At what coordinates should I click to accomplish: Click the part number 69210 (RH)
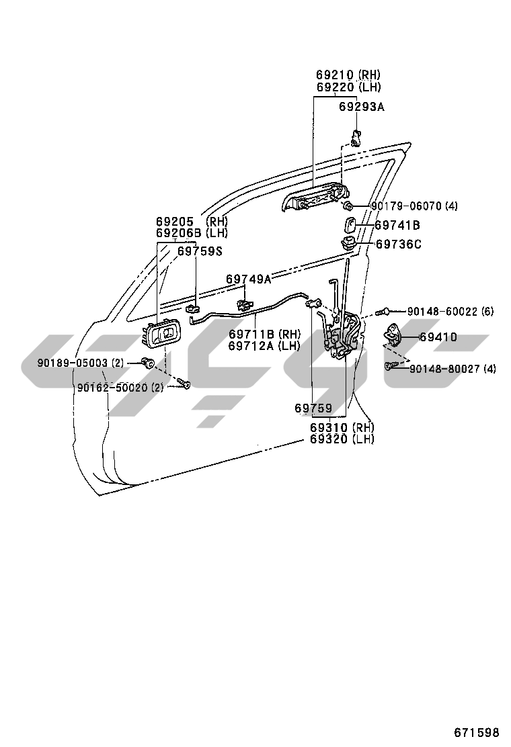point(348,75)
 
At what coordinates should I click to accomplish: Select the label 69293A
point(362,106)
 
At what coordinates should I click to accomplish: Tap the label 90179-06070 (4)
point(414,206)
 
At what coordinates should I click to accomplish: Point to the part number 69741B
point(397,225)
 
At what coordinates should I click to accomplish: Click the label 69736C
point(398,245)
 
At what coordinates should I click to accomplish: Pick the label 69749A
point(248,278)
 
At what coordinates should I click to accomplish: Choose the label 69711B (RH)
point(264,334)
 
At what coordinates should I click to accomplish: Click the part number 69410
point(438,337)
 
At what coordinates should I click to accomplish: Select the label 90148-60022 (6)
point(450,311)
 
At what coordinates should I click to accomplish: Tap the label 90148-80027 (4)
point(452,368)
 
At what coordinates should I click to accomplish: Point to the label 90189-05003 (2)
point(80,363)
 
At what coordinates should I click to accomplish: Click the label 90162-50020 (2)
point(120,387)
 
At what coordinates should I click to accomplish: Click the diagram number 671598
point(476,732)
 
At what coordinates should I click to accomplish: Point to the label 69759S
point(200,251)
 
